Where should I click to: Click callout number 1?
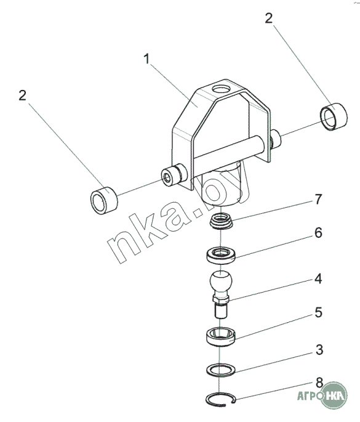(x=146, y=59)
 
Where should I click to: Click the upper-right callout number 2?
(x=268, y=18)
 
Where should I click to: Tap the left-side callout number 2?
(x=22, y=95)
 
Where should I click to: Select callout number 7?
(x=318, y=200)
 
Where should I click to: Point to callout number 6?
(x=318, y=232)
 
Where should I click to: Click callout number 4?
(x=318, y=279)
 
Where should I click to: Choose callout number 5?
(x=318, y=313)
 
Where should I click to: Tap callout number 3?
(x=319, y=349)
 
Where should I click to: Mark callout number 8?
(x=319, y=383)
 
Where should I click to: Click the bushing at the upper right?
(x=334, y=116)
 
